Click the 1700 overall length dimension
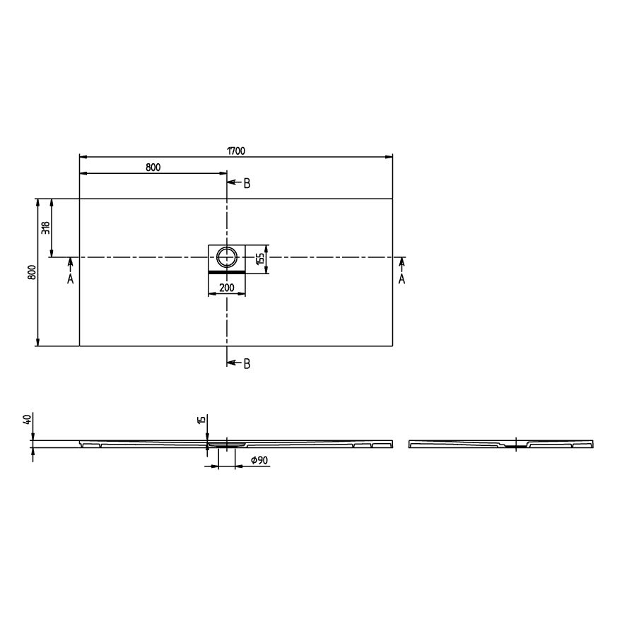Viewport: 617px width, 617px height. click(236, 151)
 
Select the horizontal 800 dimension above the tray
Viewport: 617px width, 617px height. click(153, 168)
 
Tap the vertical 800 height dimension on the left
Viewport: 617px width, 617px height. click(33, 272)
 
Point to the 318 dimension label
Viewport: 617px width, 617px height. click(46, 228)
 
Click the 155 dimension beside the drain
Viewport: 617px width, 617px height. click(260, 259)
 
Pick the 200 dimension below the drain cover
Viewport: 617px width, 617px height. click(227, 288)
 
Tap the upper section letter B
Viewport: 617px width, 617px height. click(247, 183)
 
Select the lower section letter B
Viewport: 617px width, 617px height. click(247, 364)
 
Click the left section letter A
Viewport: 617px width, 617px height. click(71, 279)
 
